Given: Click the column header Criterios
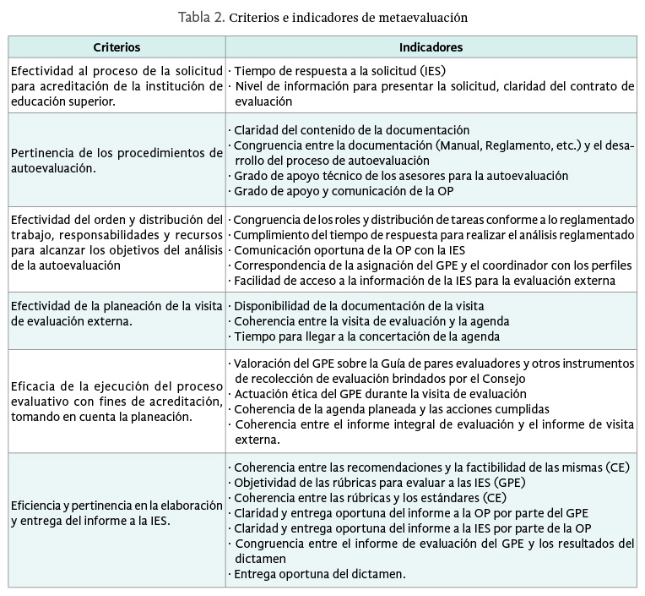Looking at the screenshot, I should pos(117,47).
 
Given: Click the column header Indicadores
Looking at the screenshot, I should pos(431,47).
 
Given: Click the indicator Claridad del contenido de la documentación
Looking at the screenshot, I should pos(351,130).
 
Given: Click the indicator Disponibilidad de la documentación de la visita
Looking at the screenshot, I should pos(359,306).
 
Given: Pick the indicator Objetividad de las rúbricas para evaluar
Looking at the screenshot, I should pos(370,483).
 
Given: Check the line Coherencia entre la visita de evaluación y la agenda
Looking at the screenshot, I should pos(371,321).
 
